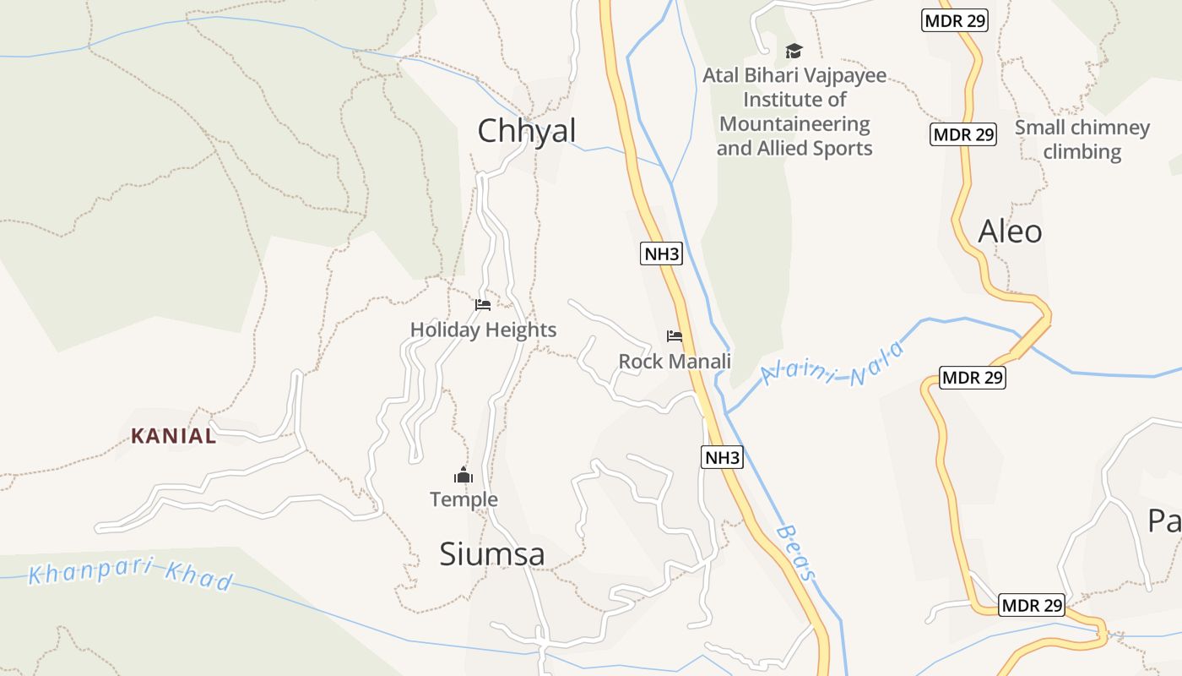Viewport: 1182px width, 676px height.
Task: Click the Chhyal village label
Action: [x=527, y=131]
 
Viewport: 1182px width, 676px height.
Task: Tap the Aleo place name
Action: [x=1010, y=232]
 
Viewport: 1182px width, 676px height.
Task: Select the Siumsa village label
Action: [x=492, y=554]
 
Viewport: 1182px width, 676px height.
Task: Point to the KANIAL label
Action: [x=173, y=436]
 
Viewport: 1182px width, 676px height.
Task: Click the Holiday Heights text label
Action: [x=483, y=330]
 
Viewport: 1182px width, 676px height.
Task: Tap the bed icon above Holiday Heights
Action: [x=483, y=304]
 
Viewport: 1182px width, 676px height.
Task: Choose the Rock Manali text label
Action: [x=675, y=362]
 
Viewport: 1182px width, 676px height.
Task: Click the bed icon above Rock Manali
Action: [x=675, y=336]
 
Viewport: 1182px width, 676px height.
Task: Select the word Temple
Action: [x=464, y=499]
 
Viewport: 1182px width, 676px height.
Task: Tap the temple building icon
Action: [x=464, y=476]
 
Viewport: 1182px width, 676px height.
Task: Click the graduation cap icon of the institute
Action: [x=794, y=52]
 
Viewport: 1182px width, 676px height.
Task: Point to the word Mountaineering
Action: [x=794, y=124]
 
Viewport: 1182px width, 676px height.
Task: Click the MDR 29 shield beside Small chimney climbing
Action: [x=963, y=134]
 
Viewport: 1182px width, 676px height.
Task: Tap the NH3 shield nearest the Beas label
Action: [x=722, y=458]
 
